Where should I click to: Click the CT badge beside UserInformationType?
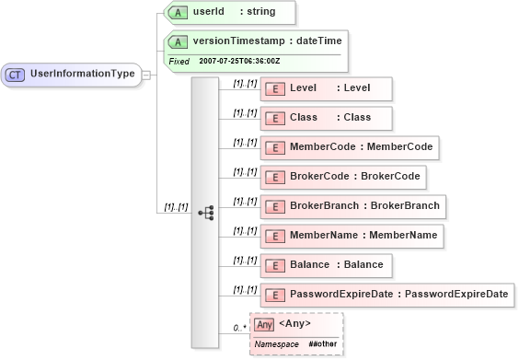coord(16,75)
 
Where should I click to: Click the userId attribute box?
coord(229,12)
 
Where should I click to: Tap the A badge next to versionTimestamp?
coord(178,42)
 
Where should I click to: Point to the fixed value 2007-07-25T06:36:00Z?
coord(239,61)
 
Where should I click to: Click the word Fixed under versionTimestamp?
coord(179,61)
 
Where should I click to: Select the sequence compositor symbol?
coord(205,213)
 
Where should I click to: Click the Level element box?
coord(328,88)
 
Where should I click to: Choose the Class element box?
coord(328,118)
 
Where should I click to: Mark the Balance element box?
coord(328,265)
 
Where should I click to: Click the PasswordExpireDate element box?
coord(387,295)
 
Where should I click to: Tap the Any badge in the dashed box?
coord(264,324)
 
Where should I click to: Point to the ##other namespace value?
coord(322,343)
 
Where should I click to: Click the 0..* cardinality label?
coord(239,327)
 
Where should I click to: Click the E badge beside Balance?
coord(273,266)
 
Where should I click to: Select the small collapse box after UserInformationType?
coord(145,75)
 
